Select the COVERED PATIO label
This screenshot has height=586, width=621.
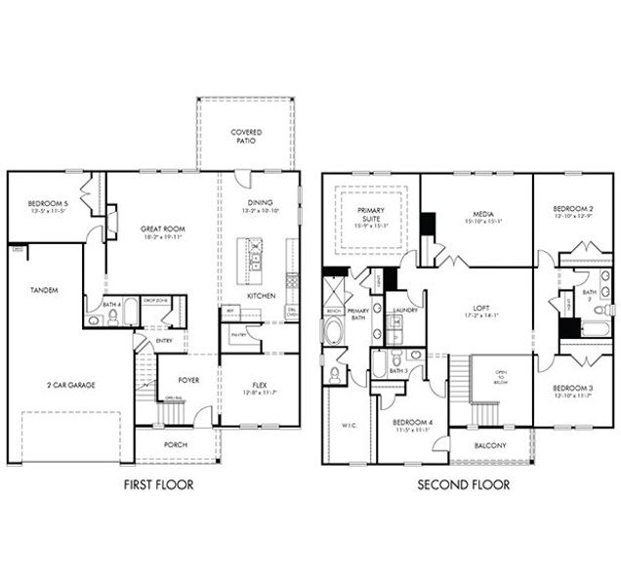244,136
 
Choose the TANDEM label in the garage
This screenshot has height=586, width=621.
43,290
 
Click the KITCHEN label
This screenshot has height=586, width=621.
260,295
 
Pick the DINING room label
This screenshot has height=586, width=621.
260,203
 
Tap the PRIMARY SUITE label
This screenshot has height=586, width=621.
370,214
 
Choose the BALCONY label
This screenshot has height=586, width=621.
490,445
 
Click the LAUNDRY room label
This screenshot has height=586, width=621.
404,311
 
